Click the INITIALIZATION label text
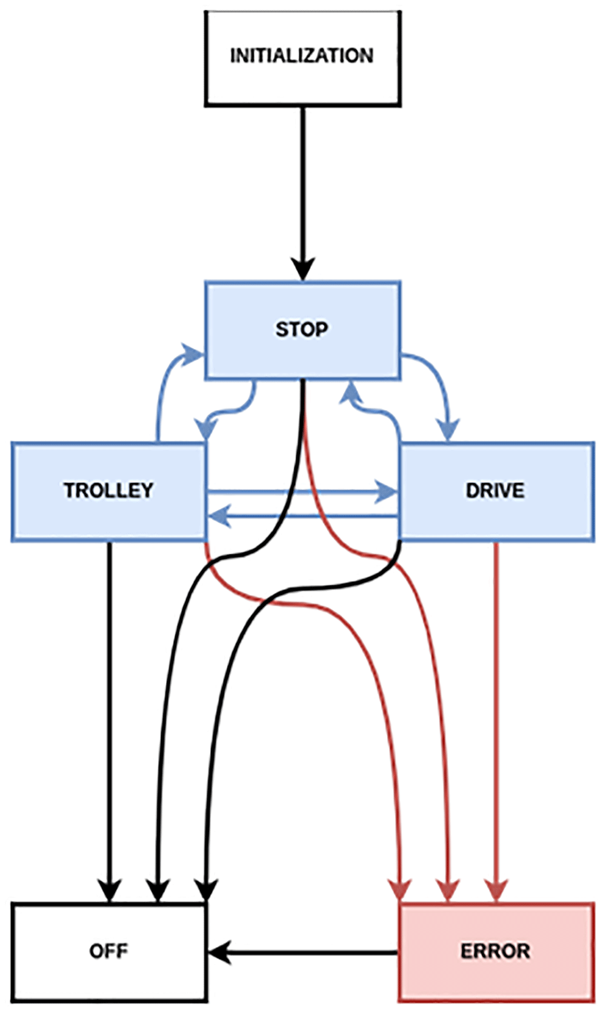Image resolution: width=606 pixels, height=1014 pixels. click(302, 56)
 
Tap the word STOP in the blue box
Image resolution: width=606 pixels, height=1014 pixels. click(302, 329)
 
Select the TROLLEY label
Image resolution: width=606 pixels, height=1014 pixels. click(108, 491)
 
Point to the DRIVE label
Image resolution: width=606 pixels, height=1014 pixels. click(495, 491)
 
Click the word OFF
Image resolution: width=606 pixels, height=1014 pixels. click(108, 951)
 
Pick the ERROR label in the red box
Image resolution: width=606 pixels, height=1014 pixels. click(496, 951)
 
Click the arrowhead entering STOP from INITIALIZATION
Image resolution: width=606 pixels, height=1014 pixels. click(303, 270)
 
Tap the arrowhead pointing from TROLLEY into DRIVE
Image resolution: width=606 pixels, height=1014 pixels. click(387, 492)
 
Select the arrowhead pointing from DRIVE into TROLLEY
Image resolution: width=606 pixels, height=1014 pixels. click(219, 516)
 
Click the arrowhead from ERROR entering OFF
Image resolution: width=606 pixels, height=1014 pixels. click(219, 953)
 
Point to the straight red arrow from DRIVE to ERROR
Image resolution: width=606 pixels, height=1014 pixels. click(496, 722)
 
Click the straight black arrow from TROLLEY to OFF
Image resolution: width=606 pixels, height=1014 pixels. click(109, 722)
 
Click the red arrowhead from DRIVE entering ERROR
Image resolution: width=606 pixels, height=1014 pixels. click(496, 891)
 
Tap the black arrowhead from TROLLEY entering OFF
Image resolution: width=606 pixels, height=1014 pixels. click(109, 891)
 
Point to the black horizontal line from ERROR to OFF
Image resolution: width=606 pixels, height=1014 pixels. click(304, 953)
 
